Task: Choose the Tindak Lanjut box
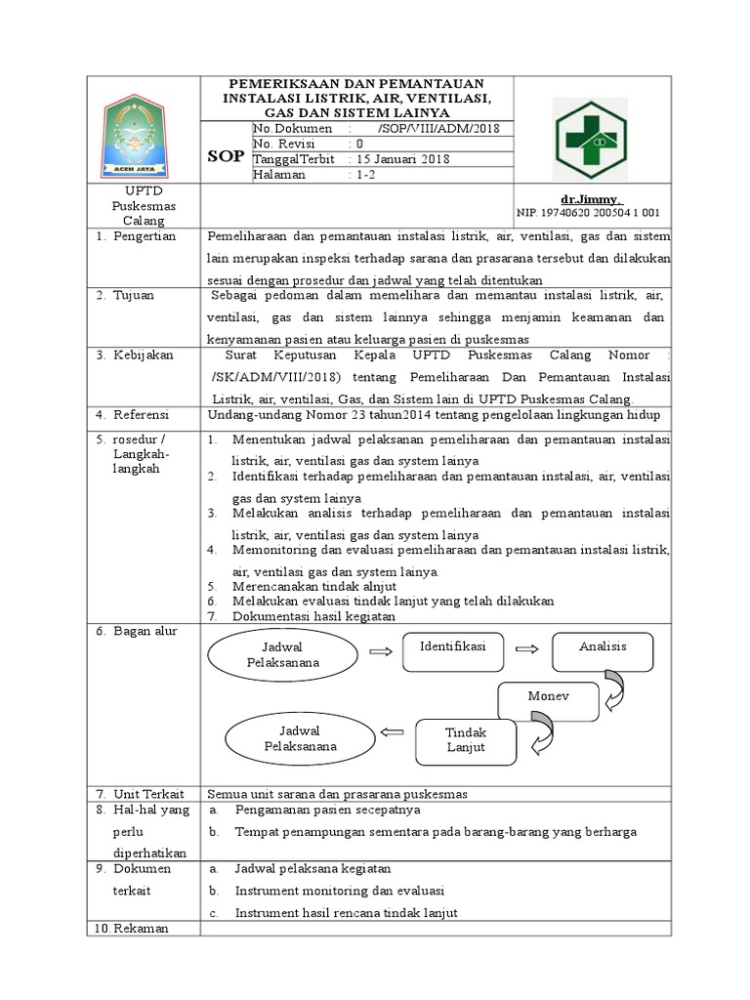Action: coord(466,739)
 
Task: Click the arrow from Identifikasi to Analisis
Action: coord(527,647)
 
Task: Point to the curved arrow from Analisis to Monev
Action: coord(614,689)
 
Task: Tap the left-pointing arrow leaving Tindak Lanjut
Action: coord(391,731)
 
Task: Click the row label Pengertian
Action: coord(145,236)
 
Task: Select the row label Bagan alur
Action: coord(145,632)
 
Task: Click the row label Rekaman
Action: coord(142,928)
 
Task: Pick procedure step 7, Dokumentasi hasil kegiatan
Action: coord(313,615)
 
